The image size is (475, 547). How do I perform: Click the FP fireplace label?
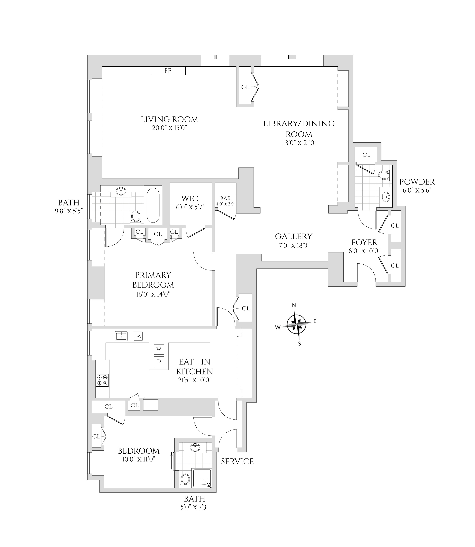tap(168, 71)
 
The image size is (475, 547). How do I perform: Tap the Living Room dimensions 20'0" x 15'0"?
tap(169, 128)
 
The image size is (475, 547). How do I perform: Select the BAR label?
tap(225, 198)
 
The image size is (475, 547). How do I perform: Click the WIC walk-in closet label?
tap(190, 198)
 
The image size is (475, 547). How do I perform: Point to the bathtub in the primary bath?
tap(153, 205)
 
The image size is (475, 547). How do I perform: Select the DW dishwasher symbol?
tap(138, 336)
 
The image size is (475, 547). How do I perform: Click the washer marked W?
tap(159, 349)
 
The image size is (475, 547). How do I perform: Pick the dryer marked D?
tap(159, 361)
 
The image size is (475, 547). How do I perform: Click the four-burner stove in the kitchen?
tap(102, 380)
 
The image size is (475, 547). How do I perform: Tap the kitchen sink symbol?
tap(121, 336)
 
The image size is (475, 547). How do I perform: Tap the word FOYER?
tap(364, 242)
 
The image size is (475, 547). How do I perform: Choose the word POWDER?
tap(417, 182)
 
